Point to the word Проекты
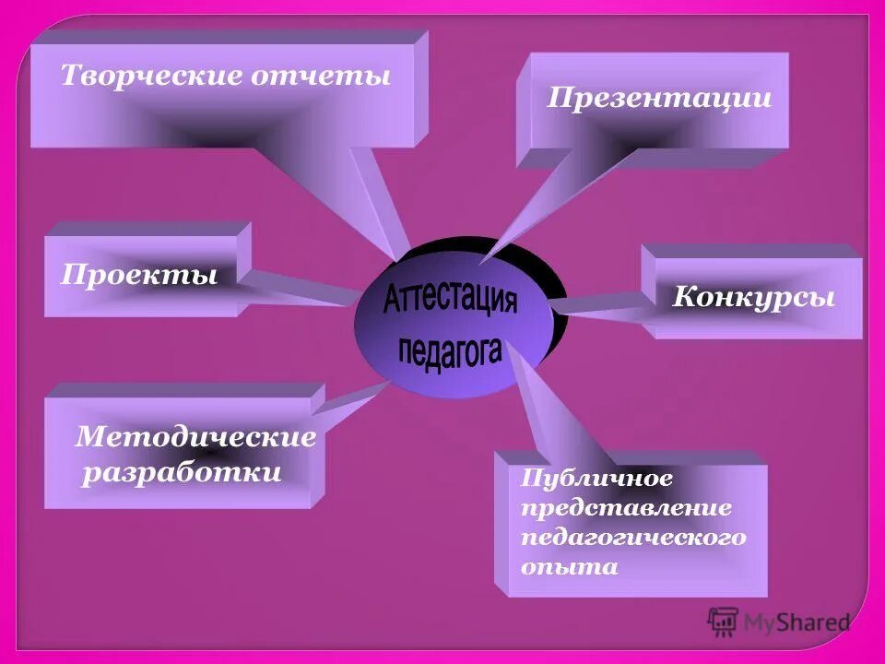[140, 275]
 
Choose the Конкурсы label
[754, 297]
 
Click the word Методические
[195, 436]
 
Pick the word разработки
[183, 474]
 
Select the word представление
[627, 507]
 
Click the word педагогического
[633, 537]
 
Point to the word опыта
[569, 566]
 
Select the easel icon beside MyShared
[723, 621]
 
